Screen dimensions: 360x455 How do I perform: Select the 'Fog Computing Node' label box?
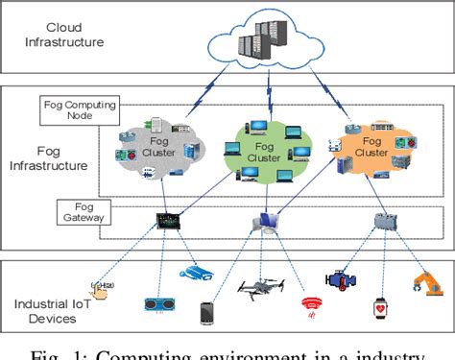(68, 109)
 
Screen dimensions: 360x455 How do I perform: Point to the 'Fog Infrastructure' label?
(51, 157)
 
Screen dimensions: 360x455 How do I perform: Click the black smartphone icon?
(206, 314)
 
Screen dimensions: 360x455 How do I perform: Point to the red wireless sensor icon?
(309, 305)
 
